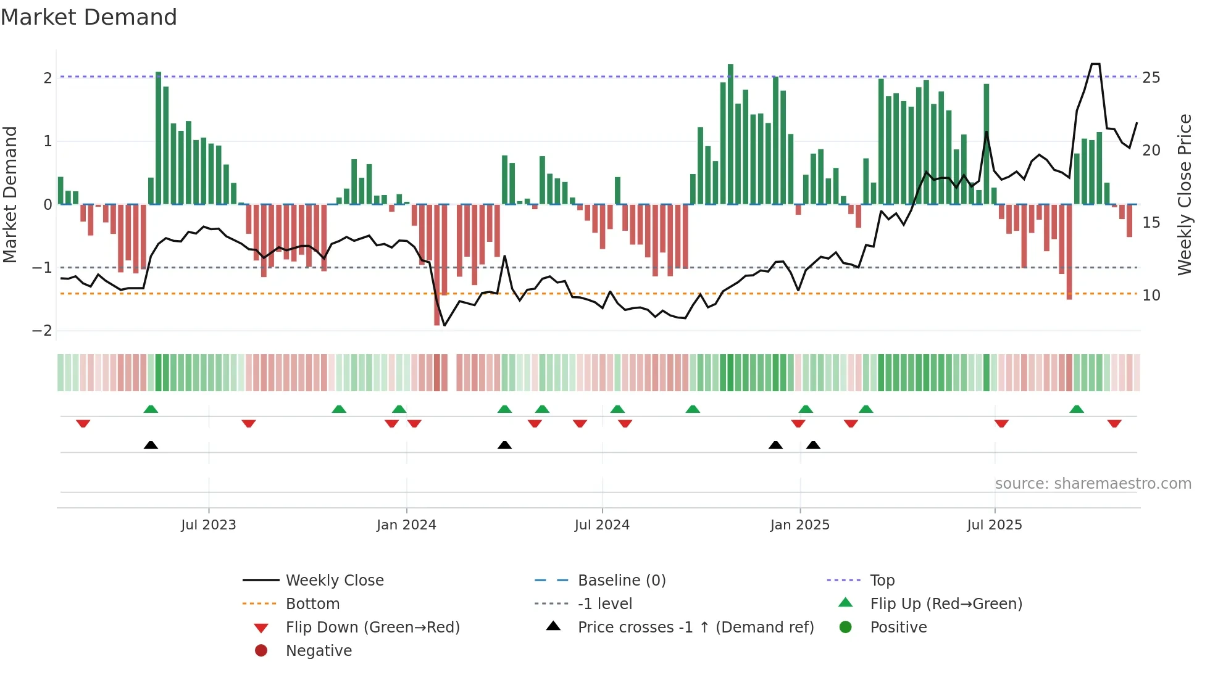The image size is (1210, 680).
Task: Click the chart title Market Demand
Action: point(89,17)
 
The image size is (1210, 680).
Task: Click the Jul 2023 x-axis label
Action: point(209,525)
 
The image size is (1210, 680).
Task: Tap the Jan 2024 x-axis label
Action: point(406,525)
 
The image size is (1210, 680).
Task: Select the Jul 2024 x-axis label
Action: point(602,525)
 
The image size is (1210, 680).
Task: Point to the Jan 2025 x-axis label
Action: point(799,525)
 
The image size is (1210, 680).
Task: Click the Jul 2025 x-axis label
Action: point(995,525)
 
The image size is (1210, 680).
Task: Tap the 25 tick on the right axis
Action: point(1151,78)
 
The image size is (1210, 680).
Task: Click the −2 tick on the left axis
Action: point(42,331)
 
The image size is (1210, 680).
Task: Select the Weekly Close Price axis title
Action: point(1184,194)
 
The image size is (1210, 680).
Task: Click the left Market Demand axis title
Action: point(10,194)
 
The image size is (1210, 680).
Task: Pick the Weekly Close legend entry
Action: point(335,581)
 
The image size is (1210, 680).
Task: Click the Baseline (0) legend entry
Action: point(622,581)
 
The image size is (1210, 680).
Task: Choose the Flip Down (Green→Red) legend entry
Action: point(372,628)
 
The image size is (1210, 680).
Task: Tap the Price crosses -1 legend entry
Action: point(696,628)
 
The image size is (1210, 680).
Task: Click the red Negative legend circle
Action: point(261,651)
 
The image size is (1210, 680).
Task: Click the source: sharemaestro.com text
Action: point(1093,484)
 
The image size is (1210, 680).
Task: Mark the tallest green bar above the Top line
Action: point(730,69)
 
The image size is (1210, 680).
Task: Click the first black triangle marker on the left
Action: point(151,445)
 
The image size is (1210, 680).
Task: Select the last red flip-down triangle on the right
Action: point(1114,423)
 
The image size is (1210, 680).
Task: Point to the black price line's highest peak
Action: point(1095,64)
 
